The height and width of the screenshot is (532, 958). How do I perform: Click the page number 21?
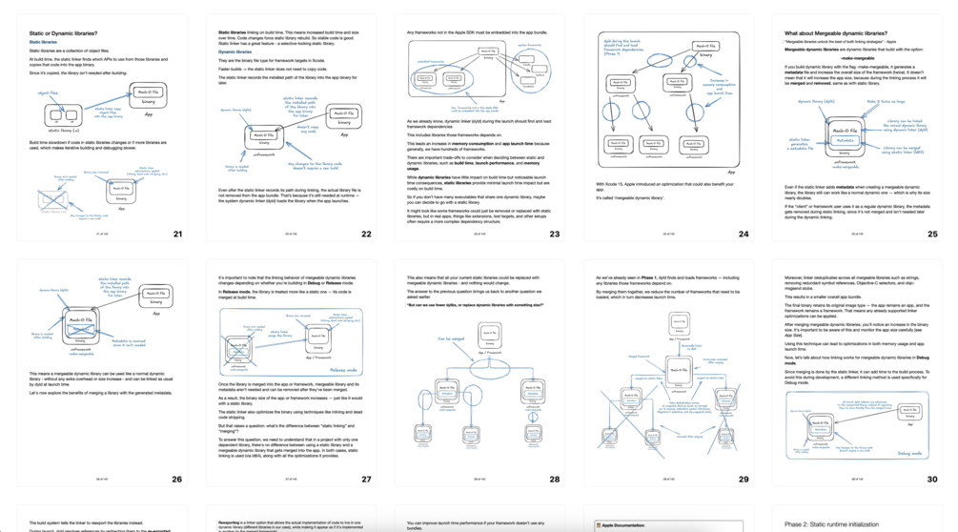click(x=176, y=234)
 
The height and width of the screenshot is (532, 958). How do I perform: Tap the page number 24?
click(x=744, y=234)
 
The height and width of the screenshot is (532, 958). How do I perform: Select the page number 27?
click(x=366, y=480)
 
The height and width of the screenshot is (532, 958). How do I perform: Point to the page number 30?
click(x=932, y=480)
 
